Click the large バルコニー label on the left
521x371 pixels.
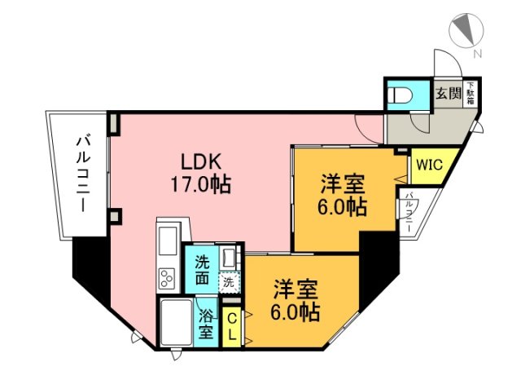point(83,173)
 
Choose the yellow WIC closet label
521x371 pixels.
point(429,164)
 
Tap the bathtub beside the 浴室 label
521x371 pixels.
point(174,323)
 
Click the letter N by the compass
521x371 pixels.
point(479,54)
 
